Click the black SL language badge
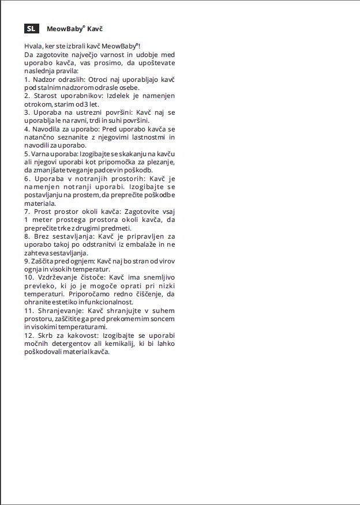(x=31, y=28)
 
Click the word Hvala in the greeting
(x=33, y=46)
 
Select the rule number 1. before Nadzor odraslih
(x=27, y=78)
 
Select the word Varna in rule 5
(x=43, y=154)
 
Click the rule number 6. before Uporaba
(x=27, y=179)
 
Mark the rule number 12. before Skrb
(x=29, y=336)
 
